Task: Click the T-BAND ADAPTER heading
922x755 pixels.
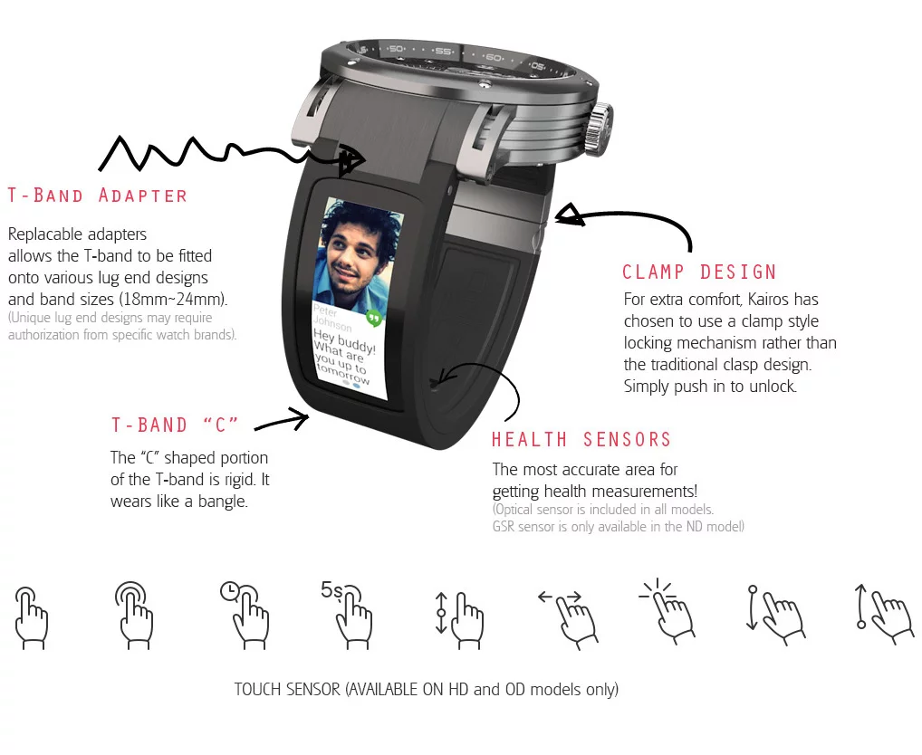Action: pyautogui.click(x=98, y=196)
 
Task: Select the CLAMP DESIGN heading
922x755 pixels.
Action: pyautogui.click(x=699, y=272)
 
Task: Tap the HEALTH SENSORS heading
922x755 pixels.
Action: pyautogui.click(x=581, y=440)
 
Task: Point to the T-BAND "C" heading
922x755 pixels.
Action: pyautogui.click(x=175, y=425)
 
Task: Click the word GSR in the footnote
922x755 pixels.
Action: pyautogui.click(x=506, y=526)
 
